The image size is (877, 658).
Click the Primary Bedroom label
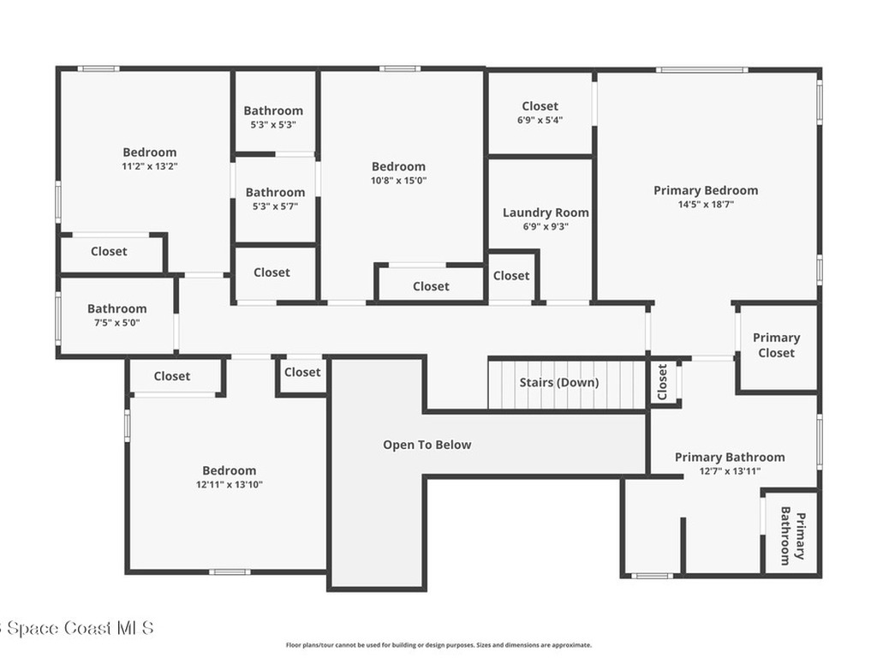tap(705, 190)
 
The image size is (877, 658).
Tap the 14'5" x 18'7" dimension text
tap(705, 205)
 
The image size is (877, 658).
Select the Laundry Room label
tap(546, 212)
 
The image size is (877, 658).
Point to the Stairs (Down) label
tap(559, 382)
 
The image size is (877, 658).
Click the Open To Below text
tap(427, 445)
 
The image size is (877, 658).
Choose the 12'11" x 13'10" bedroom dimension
tap(229, 484)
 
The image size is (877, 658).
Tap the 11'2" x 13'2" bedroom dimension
tap(149, 166)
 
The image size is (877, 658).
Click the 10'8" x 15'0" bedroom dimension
tap(398, 181)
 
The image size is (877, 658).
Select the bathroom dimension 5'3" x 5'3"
tap(273, 124)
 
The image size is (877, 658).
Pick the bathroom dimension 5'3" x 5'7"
tap(275, 206)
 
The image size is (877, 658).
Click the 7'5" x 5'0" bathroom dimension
tap(116, 323)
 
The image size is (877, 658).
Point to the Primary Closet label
tap(776, 345)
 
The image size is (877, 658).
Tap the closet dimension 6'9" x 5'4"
tap(540, 121)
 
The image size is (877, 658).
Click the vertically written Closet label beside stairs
tap(662, 382)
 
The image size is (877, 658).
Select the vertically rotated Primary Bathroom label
tap(791, 538)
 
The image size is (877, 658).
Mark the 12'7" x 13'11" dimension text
tap(729, 471)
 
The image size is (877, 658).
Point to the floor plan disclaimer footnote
tap(438, 645)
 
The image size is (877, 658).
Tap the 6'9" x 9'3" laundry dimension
tap(546, 227)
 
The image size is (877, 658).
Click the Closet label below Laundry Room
tap(511, 275)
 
